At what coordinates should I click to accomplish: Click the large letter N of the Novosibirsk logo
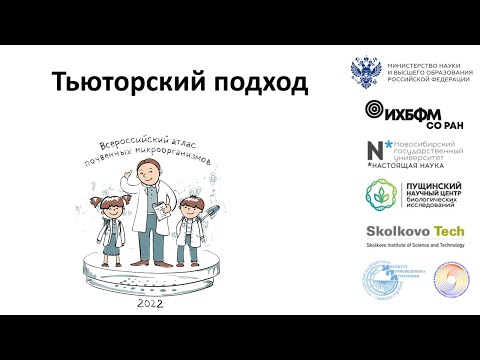(373, 151)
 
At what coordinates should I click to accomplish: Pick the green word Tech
(442, 232)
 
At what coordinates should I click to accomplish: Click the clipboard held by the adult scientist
(158, 211)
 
